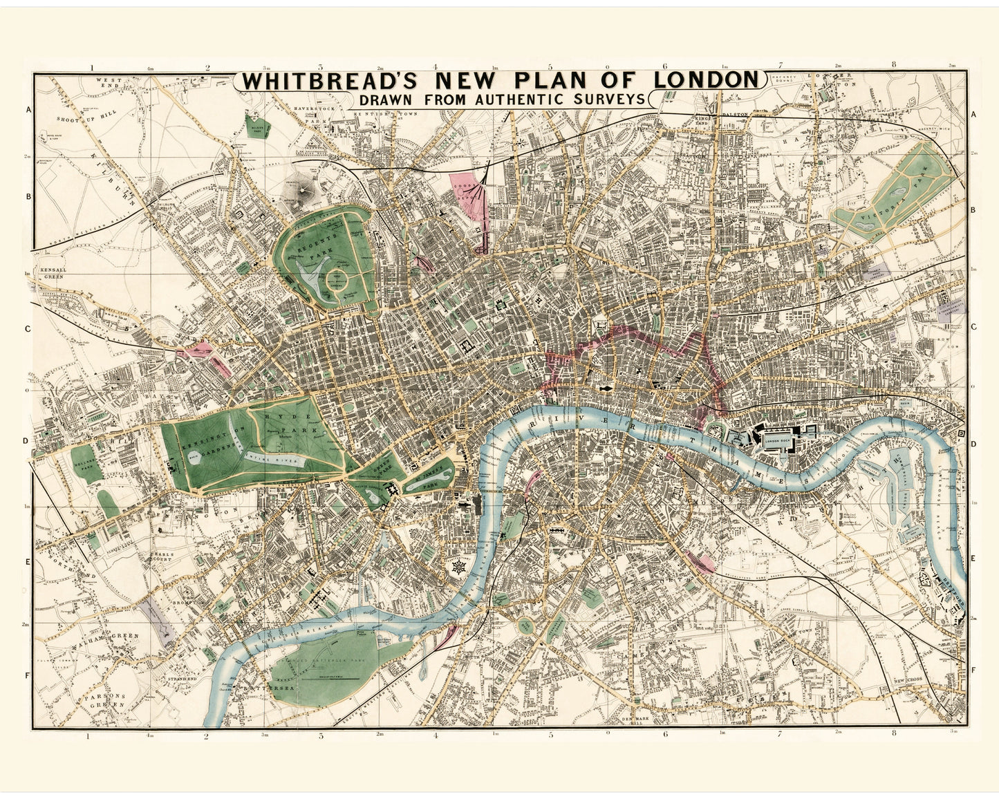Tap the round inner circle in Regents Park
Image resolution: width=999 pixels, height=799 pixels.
pos(338,279)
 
